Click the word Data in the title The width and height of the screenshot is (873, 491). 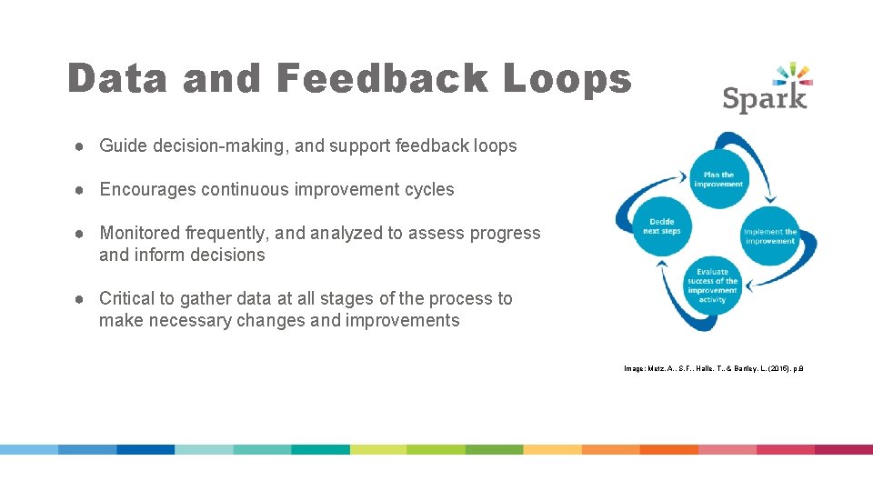click(x=117, y=79)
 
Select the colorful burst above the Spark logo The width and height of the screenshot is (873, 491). click(x=792, y=74)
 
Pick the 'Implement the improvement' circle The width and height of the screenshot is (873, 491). click(x=769, y=236)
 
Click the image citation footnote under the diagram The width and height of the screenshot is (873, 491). click(x=713, y=368)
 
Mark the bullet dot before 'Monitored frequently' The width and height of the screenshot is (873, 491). click(x=81, y=234)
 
